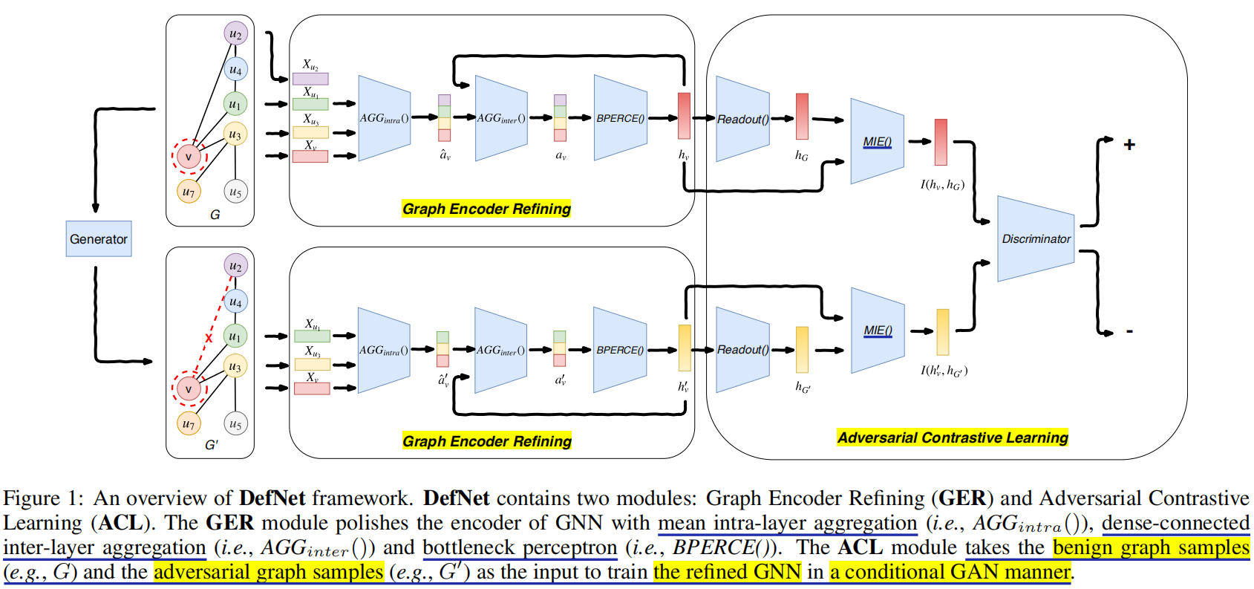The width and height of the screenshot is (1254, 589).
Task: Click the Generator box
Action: (98, 239)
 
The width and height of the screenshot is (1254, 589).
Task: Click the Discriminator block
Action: (1036, 239)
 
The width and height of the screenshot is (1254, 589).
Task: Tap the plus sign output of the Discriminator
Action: (1129, 145)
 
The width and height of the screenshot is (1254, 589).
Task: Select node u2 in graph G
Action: (235, 33)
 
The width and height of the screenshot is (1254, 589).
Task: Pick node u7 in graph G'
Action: (189, 424)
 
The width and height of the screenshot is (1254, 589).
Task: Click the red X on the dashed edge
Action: (209, 339)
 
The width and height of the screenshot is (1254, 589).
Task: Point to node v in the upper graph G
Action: (189, 157)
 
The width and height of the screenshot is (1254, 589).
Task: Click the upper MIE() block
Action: (877, 141)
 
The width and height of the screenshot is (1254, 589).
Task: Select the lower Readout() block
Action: (742, 350)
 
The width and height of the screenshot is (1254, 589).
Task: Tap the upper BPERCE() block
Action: (620, 118)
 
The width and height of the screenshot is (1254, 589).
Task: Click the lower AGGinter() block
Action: (500, 350)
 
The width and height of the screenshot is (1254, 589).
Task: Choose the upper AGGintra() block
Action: (384, 118)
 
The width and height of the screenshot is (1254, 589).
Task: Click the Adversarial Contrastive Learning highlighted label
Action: (953, 437)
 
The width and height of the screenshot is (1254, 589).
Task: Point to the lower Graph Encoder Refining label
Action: (486, 441)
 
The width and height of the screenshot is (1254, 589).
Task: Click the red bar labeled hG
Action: (802, 117)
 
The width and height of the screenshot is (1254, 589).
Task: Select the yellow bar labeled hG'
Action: (802, 349)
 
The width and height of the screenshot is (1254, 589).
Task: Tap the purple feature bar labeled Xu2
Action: (310, 78)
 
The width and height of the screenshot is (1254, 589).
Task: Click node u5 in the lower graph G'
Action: (235, 424)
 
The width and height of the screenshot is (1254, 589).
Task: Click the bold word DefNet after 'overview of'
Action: (272, 498)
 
